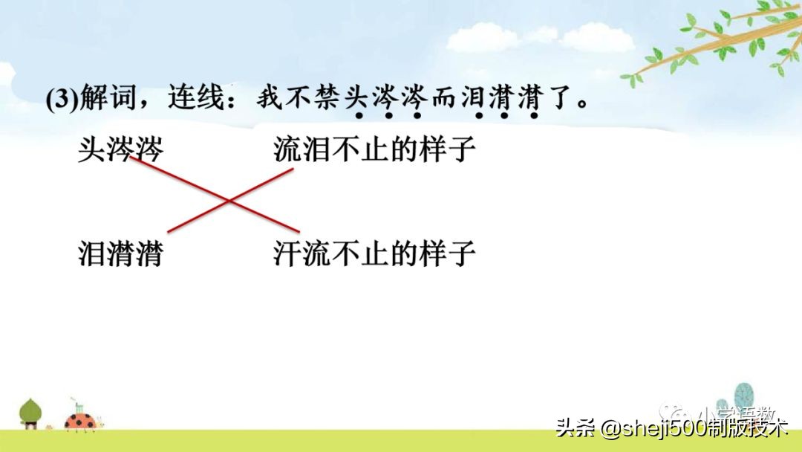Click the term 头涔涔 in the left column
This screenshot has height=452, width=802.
[x=120, y=150]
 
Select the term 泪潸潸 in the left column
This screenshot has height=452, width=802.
[x=120, y=254]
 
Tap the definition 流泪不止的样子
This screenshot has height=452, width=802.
[x=374, y=150]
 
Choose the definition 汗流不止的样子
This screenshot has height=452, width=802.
[x=374, y=254]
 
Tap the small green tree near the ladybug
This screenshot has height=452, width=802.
[x=30, y=412]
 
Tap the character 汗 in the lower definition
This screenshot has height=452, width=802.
[x=287, y=254]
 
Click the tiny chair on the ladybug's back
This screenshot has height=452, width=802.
[x=76, y=408]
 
